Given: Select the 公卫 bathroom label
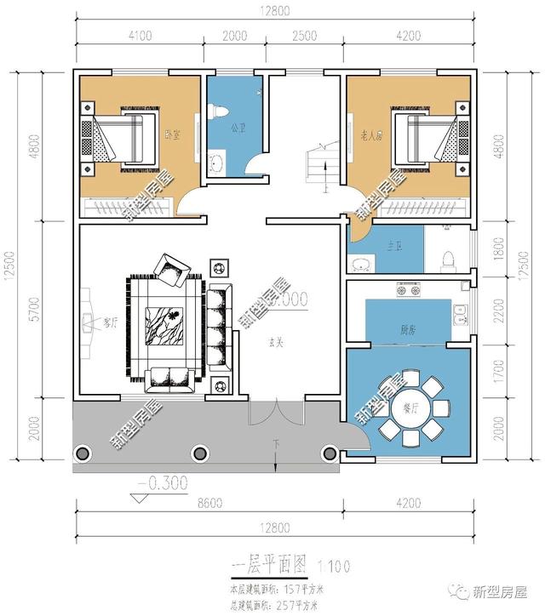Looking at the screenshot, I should click(238, 129).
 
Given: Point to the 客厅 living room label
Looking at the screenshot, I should click(109, 322).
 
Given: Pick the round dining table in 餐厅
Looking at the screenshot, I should click(410, 409).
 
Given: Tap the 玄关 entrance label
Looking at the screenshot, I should click(277, 341).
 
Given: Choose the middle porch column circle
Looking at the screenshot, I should click(200, 453).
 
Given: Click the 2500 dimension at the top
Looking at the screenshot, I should click(304, 36).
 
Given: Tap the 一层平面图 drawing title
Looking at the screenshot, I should click(271, 564).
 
